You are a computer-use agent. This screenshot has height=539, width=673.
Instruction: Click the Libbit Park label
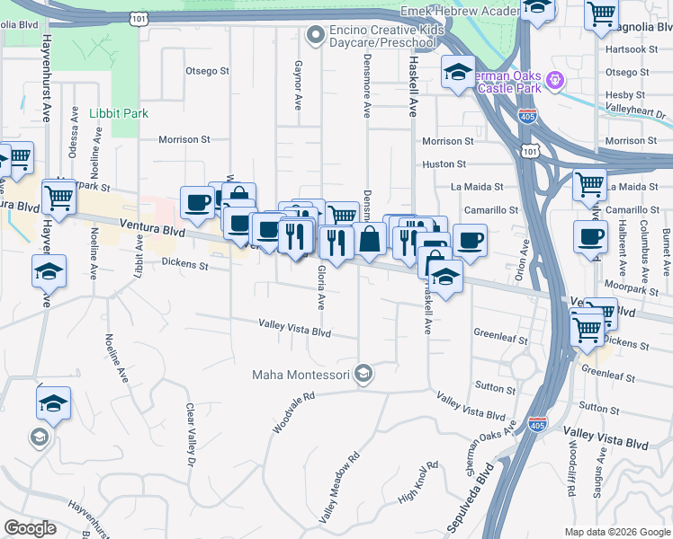(119, 114)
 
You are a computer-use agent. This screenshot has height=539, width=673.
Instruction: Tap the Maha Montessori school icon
(363, 373)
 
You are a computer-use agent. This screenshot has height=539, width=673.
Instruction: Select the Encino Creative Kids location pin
(314, 36)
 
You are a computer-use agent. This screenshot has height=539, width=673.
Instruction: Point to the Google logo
(30, 528)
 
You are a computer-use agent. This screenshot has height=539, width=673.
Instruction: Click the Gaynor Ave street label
(298, 85)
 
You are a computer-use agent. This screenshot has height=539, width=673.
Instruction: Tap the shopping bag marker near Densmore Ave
(370, 240)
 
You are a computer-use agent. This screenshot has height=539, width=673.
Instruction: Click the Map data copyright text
(617, 532)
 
